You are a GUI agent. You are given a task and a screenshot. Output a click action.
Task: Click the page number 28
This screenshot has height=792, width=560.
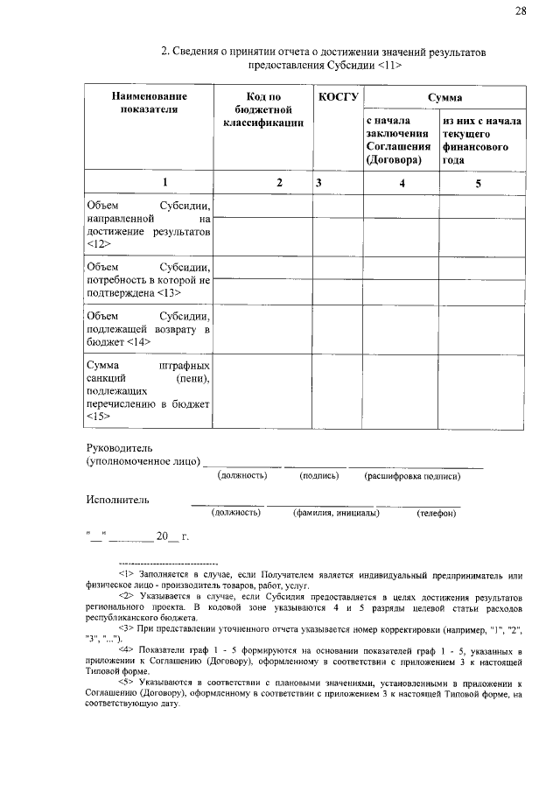521,11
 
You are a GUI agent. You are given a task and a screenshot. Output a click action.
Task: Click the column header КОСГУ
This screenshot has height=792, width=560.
338,97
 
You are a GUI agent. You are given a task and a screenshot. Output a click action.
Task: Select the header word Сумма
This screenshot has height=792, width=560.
444,98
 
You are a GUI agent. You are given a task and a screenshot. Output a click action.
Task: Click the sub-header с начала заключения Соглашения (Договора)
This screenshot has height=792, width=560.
399,141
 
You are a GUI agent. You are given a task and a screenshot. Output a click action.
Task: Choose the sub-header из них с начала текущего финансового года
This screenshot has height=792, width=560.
481,141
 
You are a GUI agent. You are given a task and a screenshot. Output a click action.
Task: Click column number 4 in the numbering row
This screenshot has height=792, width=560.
402,183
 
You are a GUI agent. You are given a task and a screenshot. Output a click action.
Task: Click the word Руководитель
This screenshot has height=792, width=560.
122,447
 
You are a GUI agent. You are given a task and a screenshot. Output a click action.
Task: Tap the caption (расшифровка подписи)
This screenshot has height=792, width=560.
412,476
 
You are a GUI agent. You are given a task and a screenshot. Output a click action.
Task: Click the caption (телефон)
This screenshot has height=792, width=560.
436,514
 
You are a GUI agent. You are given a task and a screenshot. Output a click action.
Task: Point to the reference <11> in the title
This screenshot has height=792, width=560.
390,66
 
